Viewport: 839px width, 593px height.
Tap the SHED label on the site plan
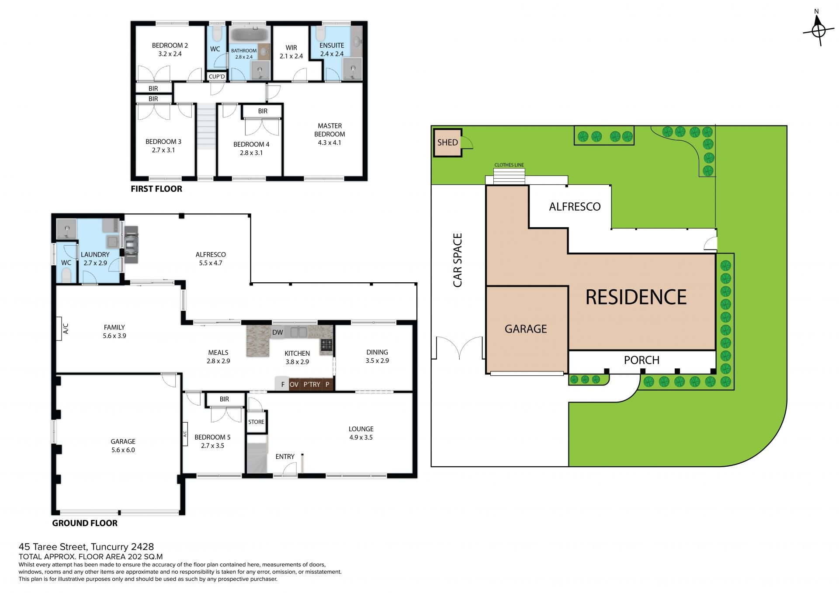(x=447, y=142)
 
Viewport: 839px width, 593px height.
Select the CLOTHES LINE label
(x=509, y=165)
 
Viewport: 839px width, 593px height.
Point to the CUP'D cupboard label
(x=217, y=76)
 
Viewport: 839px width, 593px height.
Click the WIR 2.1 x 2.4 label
(x=291, y=52)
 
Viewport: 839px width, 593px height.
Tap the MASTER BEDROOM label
(x=330, y=130)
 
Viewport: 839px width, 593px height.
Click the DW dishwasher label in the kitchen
(x=277, y=333)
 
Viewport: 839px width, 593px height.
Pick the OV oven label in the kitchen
(x=294, y=385)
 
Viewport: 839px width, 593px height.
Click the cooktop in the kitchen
(x=326, y=345)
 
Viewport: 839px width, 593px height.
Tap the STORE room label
(x=256, y=422)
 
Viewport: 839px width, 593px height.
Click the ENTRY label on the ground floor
(x=285, y=457)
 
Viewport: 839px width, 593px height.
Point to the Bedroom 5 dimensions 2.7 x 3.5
(x=213, y=446)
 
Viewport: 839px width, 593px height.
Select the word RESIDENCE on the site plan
(x=636, y=297)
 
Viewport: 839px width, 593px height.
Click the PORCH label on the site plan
(x=641, y=360)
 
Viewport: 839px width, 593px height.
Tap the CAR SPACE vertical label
(x=458, y=260)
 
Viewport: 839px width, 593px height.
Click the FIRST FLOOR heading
(x=156, y=189)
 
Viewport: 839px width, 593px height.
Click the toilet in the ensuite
(x=320, y=34)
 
